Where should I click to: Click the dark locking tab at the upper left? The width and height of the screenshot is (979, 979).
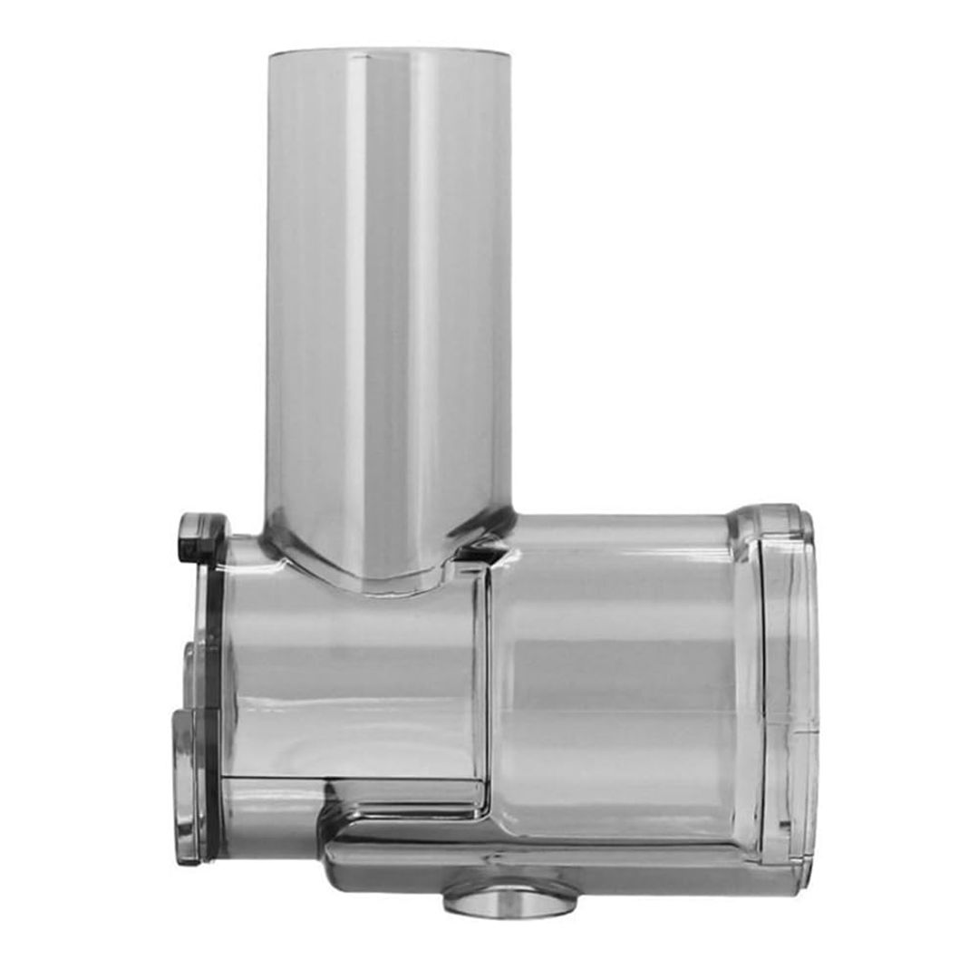(x=201, y=536)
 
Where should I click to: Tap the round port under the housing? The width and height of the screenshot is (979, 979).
(x=509, y=897)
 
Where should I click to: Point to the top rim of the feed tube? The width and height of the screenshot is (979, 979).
(x=388, y=52)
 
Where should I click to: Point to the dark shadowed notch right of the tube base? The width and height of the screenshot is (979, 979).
(x=476, y=548)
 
